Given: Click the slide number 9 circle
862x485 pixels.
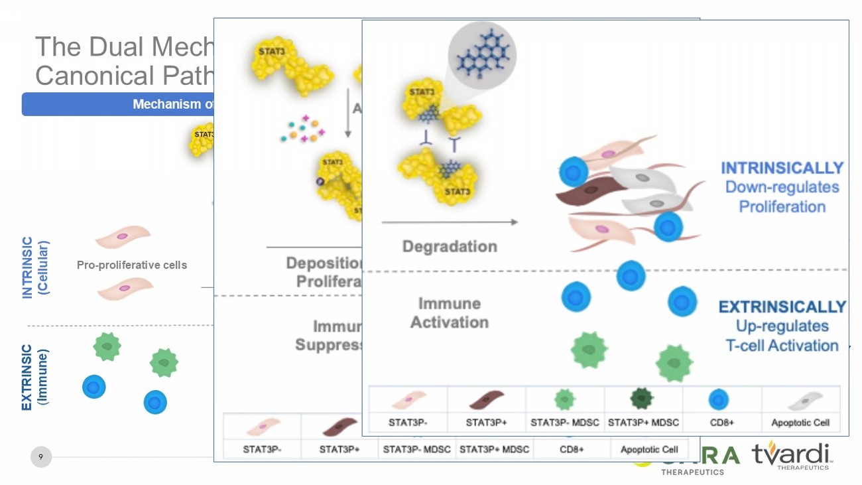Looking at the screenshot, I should (x=41, y=456).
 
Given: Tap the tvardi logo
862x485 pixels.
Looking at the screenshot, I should (x=791, y=455).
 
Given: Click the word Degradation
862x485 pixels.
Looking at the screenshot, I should (x=450, y=246).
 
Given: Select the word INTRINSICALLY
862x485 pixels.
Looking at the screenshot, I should (x=782, y=168).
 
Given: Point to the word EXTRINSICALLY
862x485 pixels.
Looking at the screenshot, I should (x=782, y=307).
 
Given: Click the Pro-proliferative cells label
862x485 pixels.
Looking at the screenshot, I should (x=132, y=265).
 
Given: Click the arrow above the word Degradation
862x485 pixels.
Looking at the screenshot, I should (x=450, y=222).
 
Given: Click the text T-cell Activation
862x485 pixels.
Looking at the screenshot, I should (x=782, y=345).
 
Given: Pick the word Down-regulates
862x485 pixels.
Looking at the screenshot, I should (x=782, y=187).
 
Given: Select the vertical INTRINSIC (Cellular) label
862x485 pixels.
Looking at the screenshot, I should (x=34, y=267).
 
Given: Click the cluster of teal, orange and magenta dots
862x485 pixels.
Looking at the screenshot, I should (x=303, y=129).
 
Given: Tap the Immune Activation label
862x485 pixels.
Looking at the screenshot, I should (x=450, y=312).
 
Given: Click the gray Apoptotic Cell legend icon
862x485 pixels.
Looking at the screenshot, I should (x=800, y=399).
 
